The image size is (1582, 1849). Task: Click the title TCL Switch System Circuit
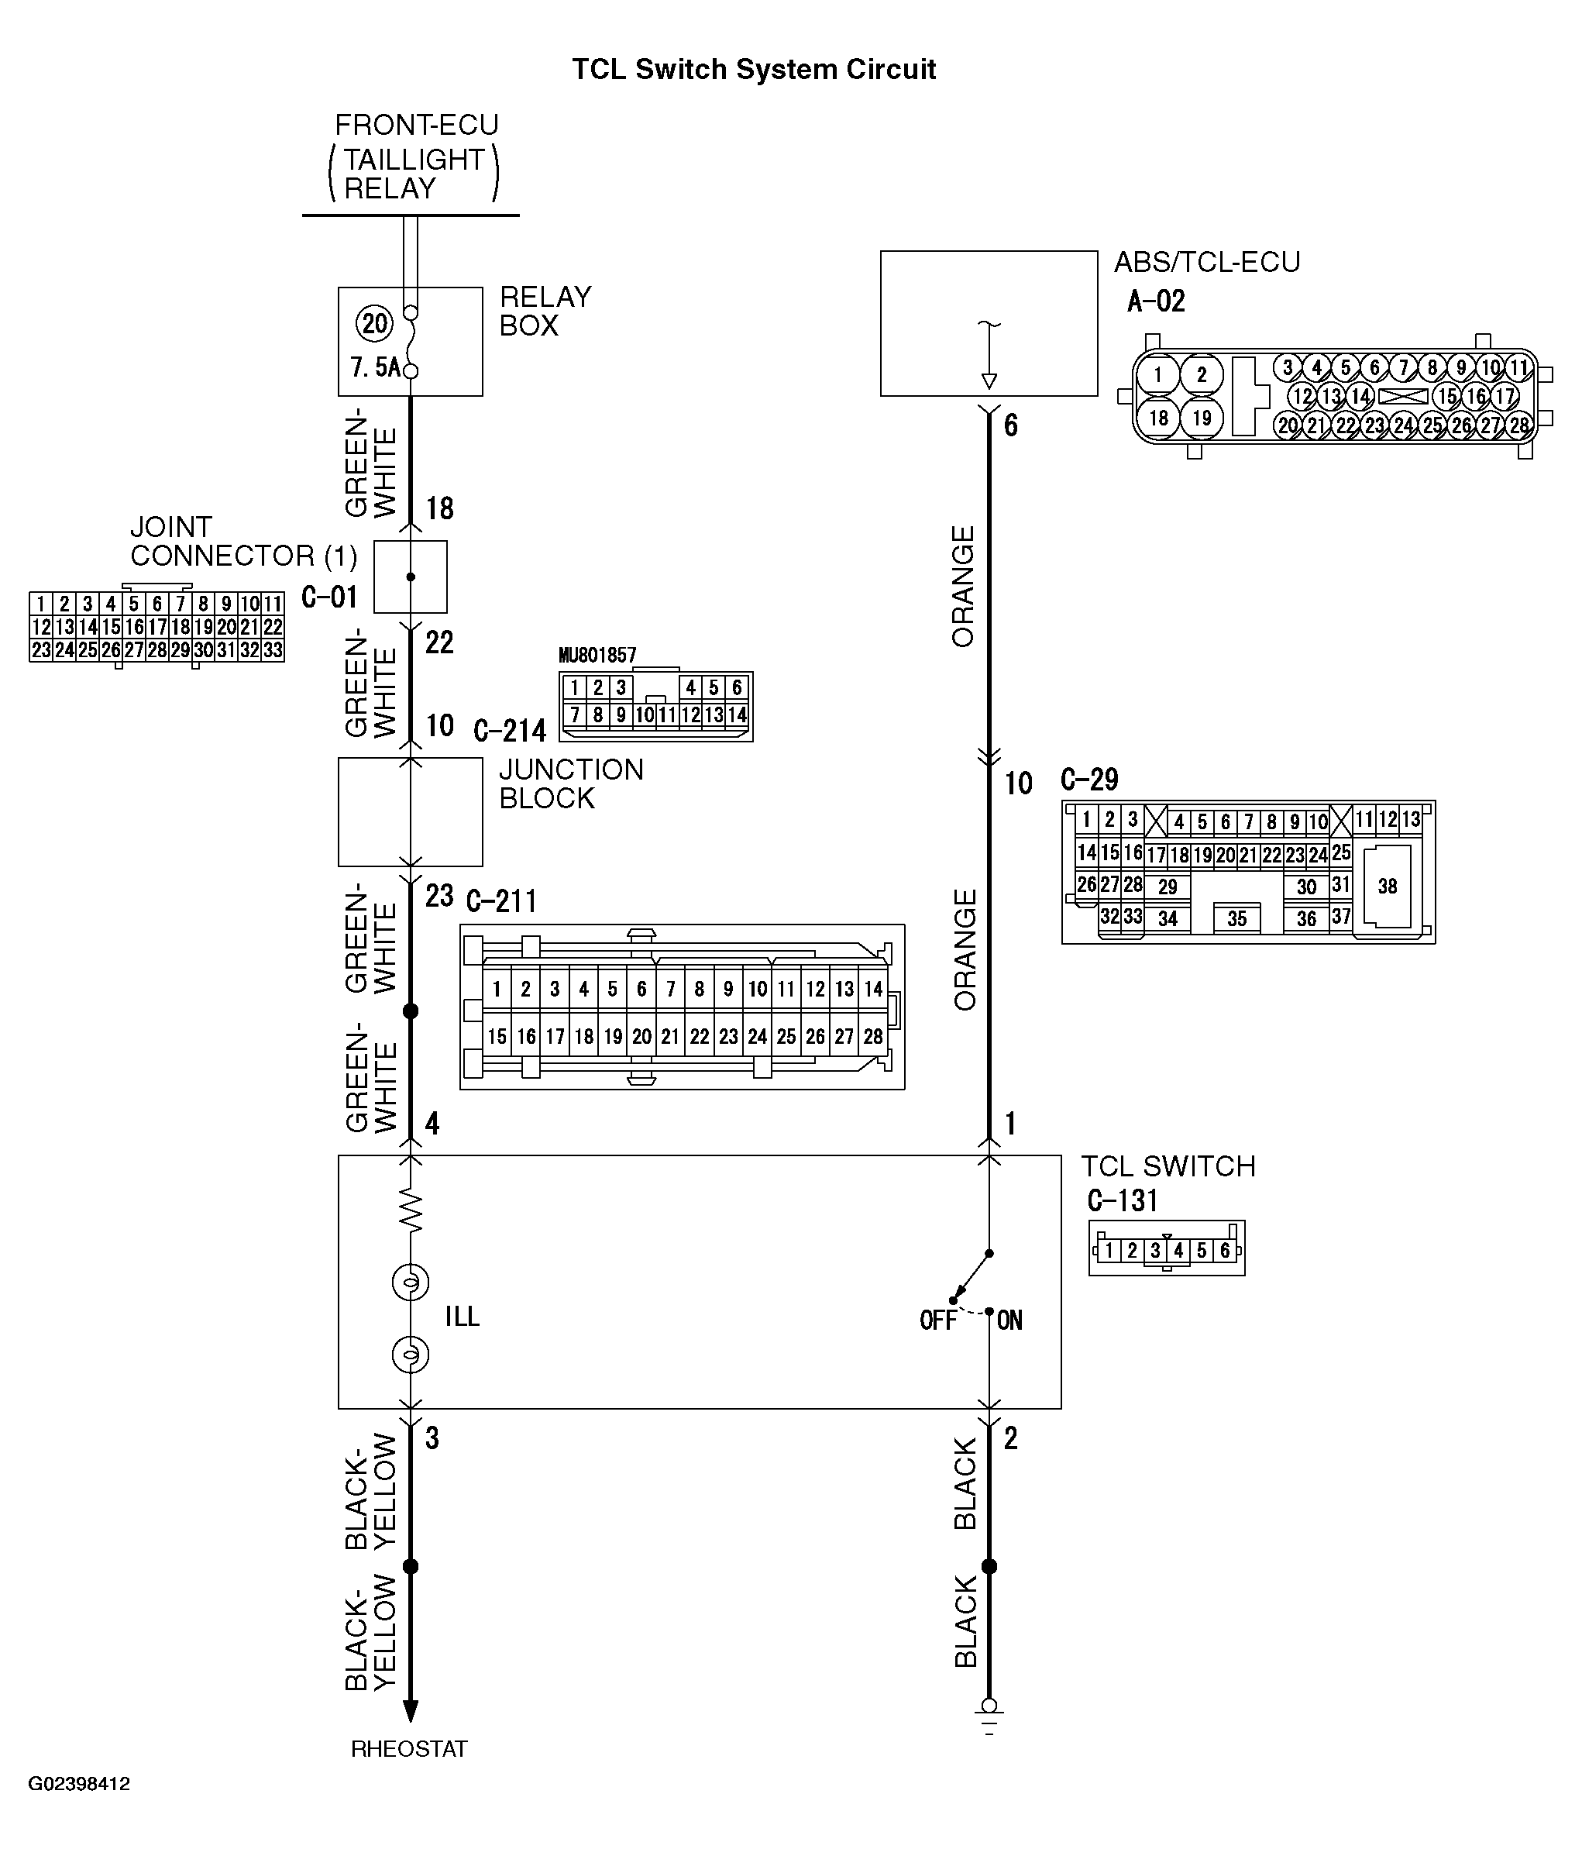click(753, 70)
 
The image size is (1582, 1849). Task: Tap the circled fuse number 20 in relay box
click(375, 323)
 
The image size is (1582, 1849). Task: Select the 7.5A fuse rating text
click(375, 367)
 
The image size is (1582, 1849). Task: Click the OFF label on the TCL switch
click(937, 1320)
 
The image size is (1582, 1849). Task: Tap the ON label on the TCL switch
click(1009, 1320)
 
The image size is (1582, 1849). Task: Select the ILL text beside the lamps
click(463, 1317)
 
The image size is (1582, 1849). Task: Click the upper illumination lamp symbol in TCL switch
click(411, 1283)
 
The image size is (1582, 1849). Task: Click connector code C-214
click(510, 731)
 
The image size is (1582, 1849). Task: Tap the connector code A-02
click(1157, 301)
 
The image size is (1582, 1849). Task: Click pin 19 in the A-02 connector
click(1202, 418)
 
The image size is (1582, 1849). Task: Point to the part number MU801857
click(597, 656)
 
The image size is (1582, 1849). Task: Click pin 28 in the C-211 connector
click(872, 1036)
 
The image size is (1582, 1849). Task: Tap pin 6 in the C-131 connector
click(1225, 1250)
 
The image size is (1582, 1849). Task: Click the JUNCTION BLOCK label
click(571, 783)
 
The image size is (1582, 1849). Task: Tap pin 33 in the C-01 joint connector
click(272, 649)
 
